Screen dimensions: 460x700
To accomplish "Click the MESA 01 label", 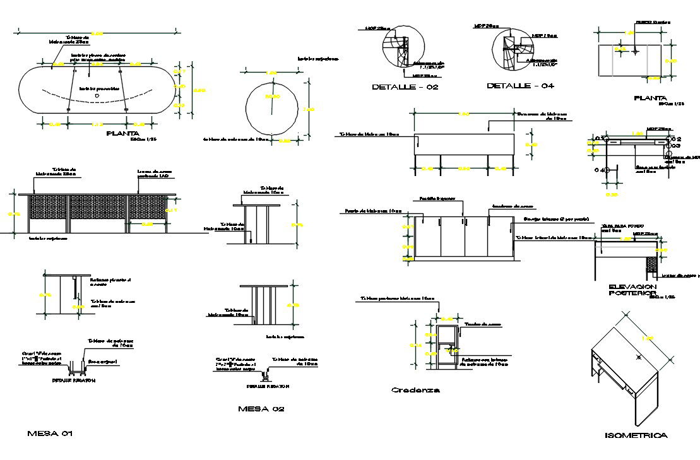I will tap(54, 434).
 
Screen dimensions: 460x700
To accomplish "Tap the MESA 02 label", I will tap(261, 409).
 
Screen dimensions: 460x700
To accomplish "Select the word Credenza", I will tap(415, 390).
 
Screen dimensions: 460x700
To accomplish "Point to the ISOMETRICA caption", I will tap(636, 435).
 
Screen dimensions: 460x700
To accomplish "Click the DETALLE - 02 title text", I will tap(405, 87).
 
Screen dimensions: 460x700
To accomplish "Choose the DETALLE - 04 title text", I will tap(520, 85).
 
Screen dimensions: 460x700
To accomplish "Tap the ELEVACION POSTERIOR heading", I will tap(633, 290).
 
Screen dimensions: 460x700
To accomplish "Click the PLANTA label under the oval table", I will tap(122, 133).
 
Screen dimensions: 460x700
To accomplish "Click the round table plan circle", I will tap(273, 107).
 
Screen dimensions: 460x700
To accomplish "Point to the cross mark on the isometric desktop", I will tap(639, 358).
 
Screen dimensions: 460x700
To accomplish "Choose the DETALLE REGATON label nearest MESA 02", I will tap(268, 386).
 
